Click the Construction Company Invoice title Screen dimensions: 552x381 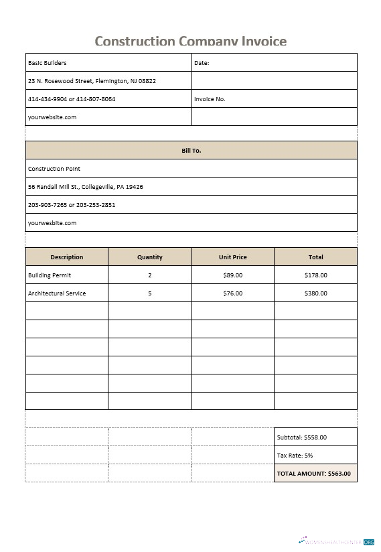[x=190, y=42]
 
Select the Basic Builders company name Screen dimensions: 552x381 [x=48, y=63]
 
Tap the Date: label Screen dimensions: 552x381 [x=202, y=63]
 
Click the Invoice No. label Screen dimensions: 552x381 [x=210, y=99]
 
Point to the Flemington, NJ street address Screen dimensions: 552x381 [x=92, y=81]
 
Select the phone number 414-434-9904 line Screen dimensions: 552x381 [x=72, y=99]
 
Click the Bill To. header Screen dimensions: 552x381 [x=191, y=151]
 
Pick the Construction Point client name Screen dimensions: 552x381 [x=54, y=169]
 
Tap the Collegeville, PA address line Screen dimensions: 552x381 [x=85, y=187]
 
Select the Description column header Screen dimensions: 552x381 [x=67, y=257]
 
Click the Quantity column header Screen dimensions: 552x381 [x=149, y=257]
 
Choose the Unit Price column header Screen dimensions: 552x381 [x=232, y=257]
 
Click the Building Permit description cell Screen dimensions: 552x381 [x=50, y=275]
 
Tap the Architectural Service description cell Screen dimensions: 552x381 [x=57, y=293]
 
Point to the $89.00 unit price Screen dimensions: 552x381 [x=232, y=275]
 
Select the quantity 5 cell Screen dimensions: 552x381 [x=149, y=293]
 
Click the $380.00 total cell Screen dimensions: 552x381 [x=315, y=293]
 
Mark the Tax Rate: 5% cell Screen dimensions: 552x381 [x=295, y=456]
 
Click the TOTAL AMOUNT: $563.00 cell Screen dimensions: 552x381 [x=314, y=474]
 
